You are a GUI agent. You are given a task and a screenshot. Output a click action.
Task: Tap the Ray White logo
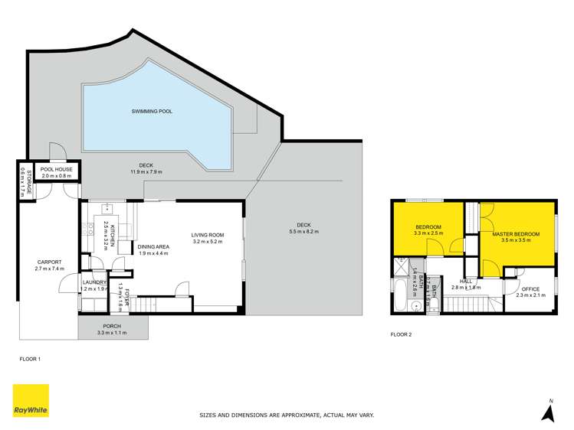(x=31, y=400)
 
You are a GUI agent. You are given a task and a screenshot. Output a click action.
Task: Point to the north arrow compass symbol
(x=547, y=411)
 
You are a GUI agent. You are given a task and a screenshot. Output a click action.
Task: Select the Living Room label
(x=206, y=235)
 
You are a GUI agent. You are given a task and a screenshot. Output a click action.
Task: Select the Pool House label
(x=56, y=169)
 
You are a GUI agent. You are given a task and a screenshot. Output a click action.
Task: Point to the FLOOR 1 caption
(x=30, y=358)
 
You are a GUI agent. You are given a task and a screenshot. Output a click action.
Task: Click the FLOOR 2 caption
(x=402, y=334)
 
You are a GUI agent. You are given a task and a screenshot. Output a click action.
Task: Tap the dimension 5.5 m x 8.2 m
(x=303, y=231)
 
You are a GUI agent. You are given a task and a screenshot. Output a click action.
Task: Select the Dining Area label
(x=153, y=246)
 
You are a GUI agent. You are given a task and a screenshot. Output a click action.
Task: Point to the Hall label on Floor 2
(x=466, y=281)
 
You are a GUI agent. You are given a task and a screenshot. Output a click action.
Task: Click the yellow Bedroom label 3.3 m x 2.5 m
(x=427, y=227)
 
